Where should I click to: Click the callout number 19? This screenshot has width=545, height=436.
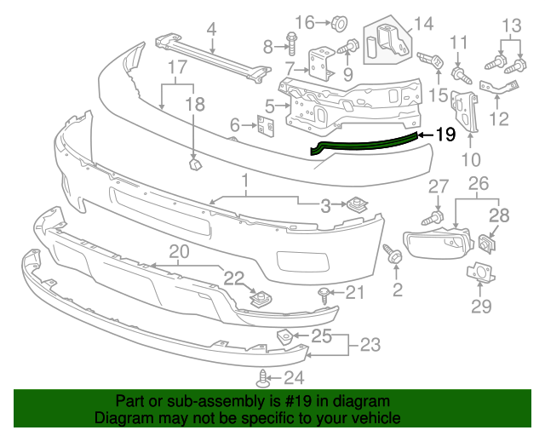coord(446,134)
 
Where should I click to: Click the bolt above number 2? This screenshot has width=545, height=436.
coord(394,255)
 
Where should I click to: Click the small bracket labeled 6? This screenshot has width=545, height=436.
coord(265,126)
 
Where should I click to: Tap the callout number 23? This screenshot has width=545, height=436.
coord(370,344)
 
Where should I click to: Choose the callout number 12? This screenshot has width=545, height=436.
coord(499,118)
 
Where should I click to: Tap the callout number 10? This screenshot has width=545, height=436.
coord(471,158)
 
